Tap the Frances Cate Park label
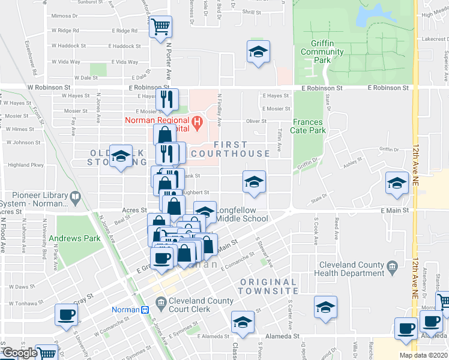pos(309,126)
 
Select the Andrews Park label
pos(75,238)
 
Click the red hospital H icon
pos(195,121)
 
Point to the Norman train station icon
pos(145,310)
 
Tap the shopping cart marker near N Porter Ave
pos(160,26)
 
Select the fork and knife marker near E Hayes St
pos(167,98)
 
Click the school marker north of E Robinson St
pos(258,52)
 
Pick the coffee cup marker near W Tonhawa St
pos(66,314)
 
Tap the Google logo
pos(20,353)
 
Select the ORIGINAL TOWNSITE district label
pos(268,286)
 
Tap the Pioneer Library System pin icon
pos(75,196)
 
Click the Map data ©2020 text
pos(423,355)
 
